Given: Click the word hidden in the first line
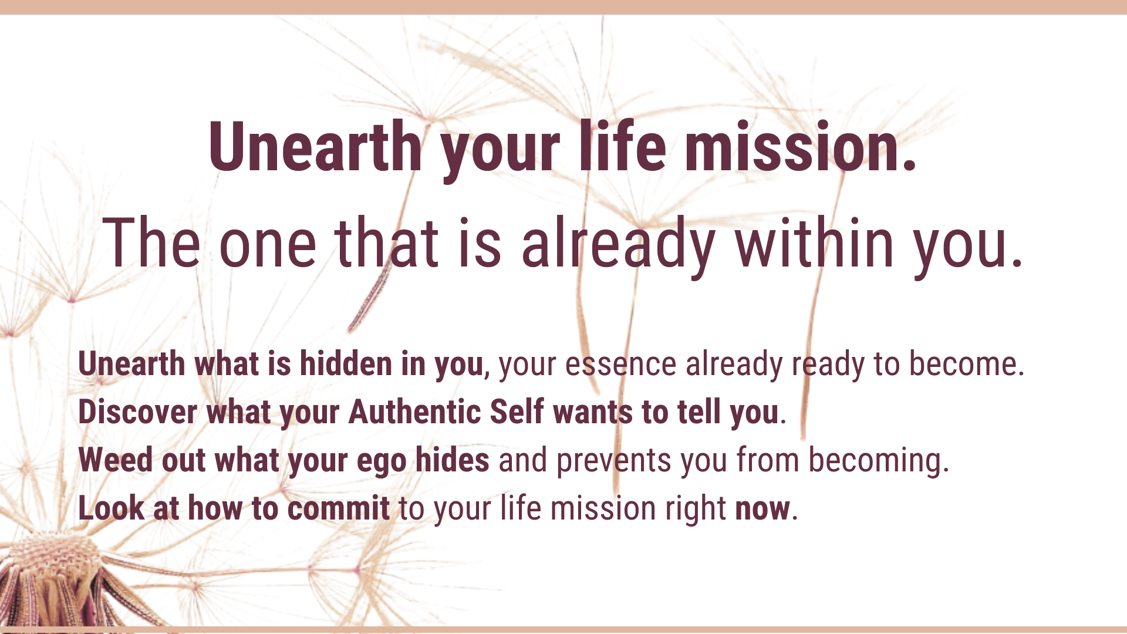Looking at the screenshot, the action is coord(346,364).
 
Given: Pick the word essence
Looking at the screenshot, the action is coord(620,365).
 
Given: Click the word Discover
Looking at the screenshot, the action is coord(138,412).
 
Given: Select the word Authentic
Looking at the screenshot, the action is coord(414,412).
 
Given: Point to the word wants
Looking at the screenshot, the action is coord(593,413).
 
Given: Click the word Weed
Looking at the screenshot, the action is coord(116,460).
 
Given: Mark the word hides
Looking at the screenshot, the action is coord(453,460).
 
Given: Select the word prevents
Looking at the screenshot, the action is coord(614,461).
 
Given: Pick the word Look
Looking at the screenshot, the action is coord(112,508).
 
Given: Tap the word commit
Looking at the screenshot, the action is coord(339,508).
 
